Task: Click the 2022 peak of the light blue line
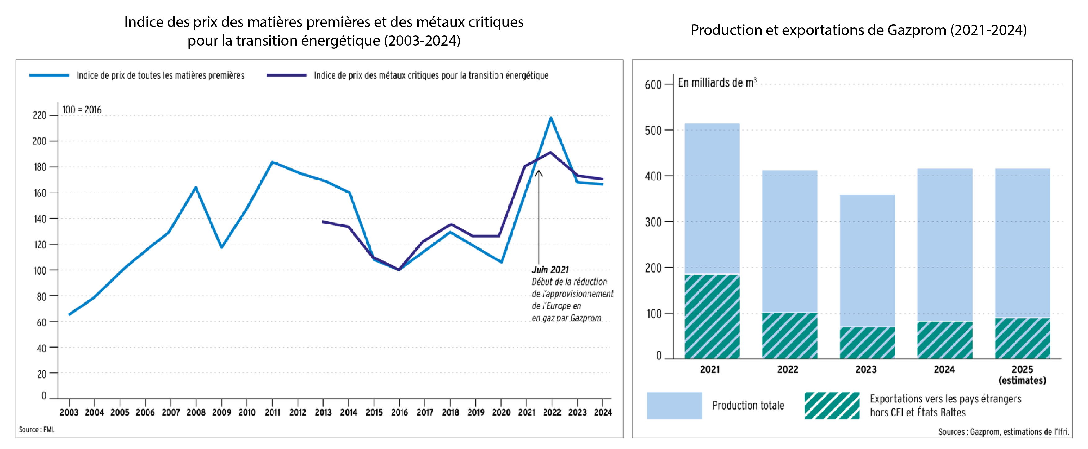coord(551,118)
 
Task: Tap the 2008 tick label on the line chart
coord(196,412)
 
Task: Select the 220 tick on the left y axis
coord(39,115)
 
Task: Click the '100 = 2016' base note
coord(82,110)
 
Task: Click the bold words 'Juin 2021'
coord(550,269)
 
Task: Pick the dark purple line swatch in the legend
coord(286,75)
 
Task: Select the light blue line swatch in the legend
coord(49,75)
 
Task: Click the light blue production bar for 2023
coord(867,260)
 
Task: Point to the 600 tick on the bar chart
coord(653,84)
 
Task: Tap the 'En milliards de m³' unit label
coord(717,82)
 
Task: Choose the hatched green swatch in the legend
coord(832,406)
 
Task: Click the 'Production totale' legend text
coord(748,406)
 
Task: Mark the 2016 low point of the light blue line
coord(399,269)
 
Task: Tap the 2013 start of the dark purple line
coord(323,221)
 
